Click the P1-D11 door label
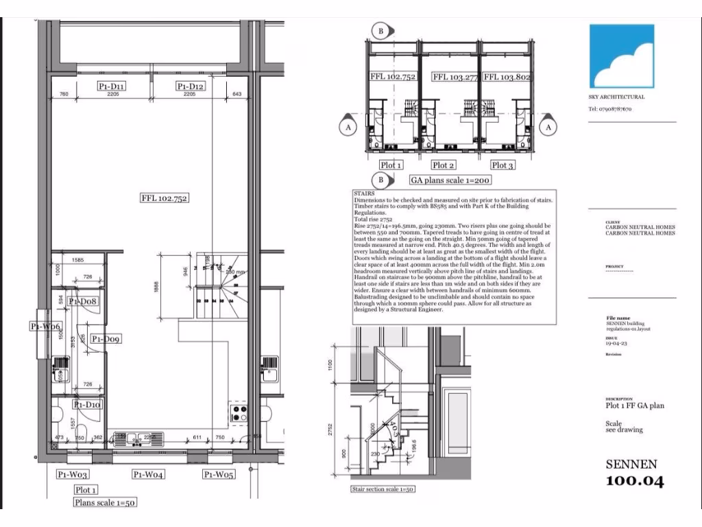(x=111, y=86)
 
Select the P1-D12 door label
(x=191, y=86)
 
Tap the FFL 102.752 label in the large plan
(x=165, y=198)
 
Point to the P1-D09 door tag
(x=106, y=339)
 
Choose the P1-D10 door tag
(x=88, y=406)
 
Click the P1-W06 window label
(x=46, y=326)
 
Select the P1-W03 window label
(x=73, y=474)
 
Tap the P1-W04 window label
(x=147, y=474)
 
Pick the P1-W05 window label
(x=218, y=474)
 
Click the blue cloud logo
(x=622, y=56)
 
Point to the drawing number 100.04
(x=634, y=481)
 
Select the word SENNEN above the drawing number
(x=631, y=465)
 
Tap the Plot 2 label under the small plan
(x=444, y=165)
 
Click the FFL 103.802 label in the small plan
(x=507, y=78)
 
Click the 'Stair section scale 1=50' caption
(x=382, y=489)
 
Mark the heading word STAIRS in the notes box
(x=364, y=194)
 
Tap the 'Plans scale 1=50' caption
(x=106, y=502)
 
